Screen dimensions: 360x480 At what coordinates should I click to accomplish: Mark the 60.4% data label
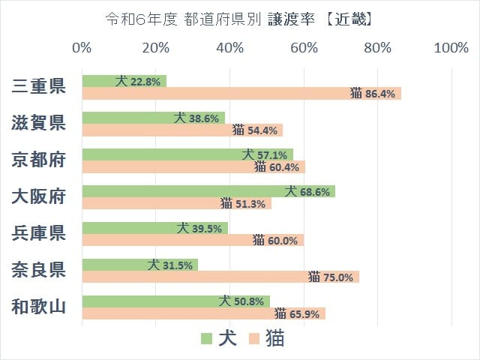click(x=277, y=167)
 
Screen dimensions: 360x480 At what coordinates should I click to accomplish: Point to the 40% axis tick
click(x=229, y=49)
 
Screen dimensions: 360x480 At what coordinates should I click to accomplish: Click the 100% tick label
click(x=451, y=49)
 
